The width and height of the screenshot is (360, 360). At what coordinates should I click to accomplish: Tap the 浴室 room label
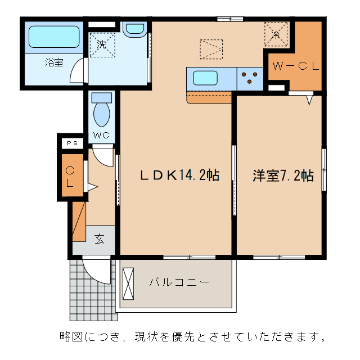55,62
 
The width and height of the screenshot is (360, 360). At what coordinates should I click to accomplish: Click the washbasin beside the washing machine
134,29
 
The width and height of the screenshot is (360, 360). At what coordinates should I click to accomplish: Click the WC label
101,135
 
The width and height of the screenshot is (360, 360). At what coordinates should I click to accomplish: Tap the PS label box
73,143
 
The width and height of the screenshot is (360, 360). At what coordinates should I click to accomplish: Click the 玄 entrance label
99,238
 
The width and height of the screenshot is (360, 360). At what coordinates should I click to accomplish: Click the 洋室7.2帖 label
283,175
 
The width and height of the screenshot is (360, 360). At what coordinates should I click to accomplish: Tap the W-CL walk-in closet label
296,66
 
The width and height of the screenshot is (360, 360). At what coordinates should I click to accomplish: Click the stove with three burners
250,79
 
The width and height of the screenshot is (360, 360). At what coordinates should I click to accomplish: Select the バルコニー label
179,282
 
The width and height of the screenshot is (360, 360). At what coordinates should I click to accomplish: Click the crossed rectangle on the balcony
129,282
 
